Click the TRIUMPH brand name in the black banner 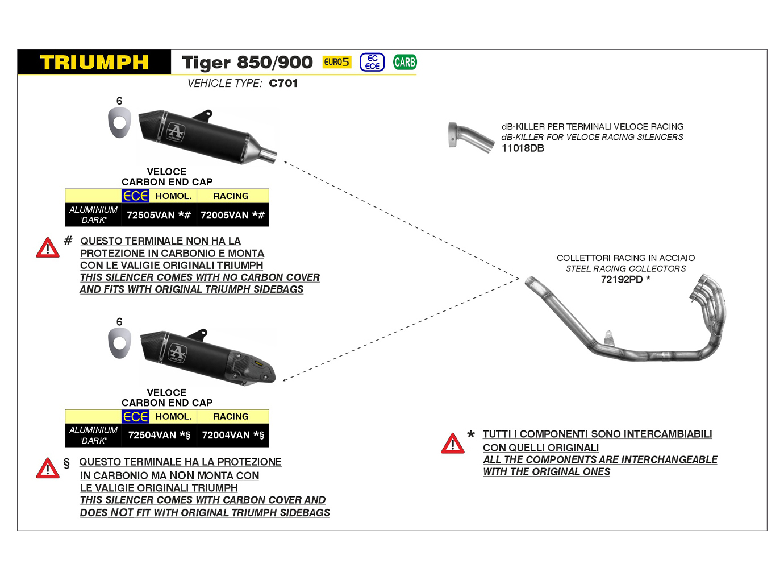(94, 63)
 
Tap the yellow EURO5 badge (337, 62)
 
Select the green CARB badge (404, 62)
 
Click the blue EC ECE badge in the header (372, 62)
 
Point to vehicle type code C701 (283, 83)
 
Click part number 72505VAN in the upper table (151, 215)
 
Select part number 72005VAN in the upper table (225, 215)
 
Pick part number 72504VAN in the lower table (152, 435)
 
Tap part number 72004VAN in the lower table (226, 435)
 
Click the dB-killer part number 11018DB (523, 148)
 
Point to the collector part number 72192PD (622, 279)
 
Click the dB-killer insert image (470, 137)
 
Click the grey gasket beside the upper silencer (119, 123)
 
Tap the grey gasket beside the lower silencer (119, 344)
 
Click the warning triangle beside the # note (48, 248)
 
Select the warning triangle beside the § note (48, 469)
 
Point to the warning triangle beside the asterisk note (452, 444)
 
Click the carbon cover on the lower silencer (250, 367)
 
